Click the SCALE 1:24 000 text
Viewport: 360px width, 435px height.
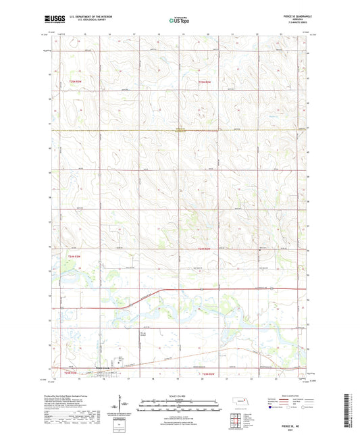click(x=179, y=395)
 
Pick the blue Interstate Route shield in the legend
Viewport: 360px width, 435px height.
click(x=272, y=408)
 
